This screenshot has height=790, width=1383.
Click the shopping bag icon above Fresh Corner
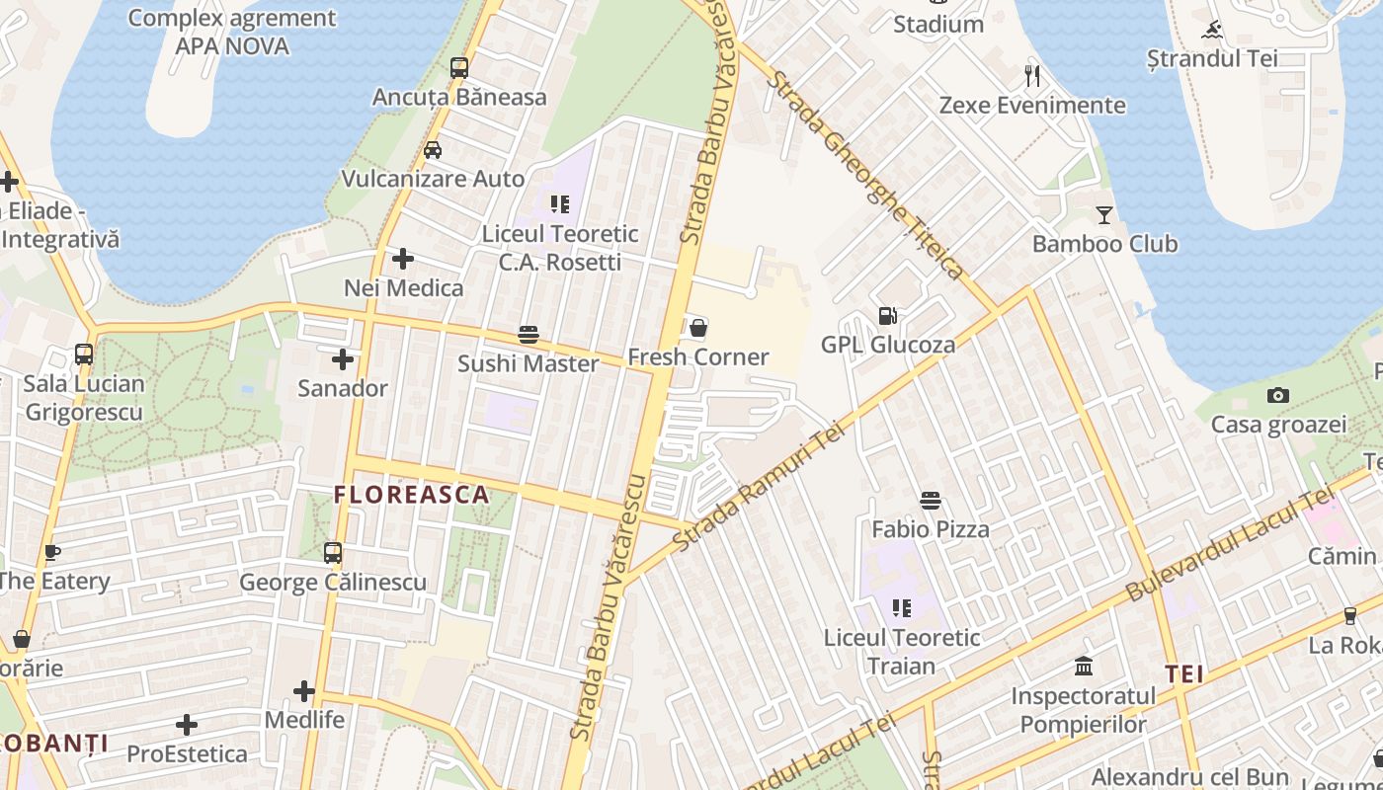(698, 328)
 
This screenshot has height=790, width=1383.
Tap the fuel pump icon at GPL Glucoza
(887, 316)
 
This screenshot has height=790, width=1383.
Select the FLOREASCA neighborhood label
(411, 495)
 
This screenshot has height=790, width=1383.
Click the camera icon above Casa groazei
(1278, 396)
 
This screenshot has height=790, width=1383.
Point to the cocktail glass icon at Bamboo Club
(1104, 214)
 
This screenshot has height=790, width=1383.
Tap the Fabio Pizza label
(930, 529)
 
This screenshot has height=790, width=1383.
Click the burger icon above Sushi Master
(529, 335)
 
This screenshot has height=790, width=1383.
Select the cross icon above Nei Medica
(403, 259)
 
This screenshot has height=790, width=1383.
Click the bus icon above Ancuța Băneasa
(459, 68)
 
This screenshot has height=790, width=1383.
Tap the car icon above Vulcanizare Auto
(433, 150)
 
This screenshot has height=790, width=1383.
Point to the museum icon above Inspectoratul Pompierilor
(1084, 667)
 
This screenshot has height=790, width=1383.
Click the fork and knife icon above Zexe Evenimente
(1032, 76)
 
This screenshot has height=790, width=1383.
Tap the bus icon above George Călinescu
(333, 553)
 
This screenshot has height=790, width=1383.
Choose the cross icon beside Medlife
(304, 691)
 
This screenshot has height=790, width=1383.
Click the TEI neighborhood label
(1183, 674)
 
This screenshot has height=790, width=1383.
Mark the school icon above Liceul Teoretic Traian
(901, 608)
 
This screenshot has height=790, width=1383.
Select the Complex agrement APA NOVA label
(232, 32)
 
